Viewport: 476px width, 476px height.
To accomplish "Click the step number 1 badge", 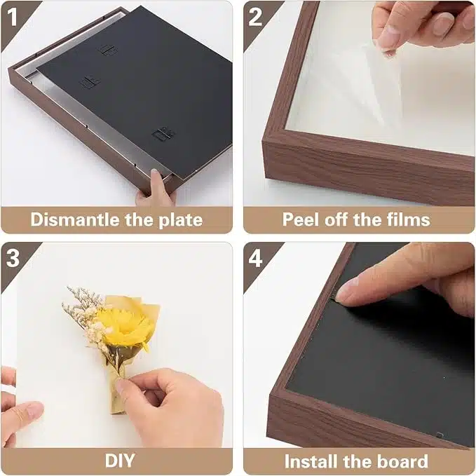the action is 13,17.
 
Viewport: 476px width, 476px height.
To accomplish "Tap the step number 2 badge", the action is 255,17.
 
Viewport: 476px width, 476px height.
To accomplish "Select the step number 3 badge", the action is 13,258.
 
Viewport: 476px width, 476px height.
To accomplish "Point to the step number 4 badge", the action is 255,258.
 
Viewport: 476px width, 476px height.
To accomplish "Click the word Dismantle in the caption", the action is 75,219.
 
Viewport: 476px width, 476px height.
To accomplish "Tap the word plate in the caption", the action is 181,220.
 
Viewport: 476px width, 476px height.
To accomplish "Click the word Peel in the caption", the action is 301,219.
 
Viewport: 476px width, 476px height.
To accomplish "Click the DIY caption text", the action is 120,461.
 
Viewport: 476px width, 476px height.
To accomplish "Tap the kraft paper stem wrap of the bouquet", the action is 117,392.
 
